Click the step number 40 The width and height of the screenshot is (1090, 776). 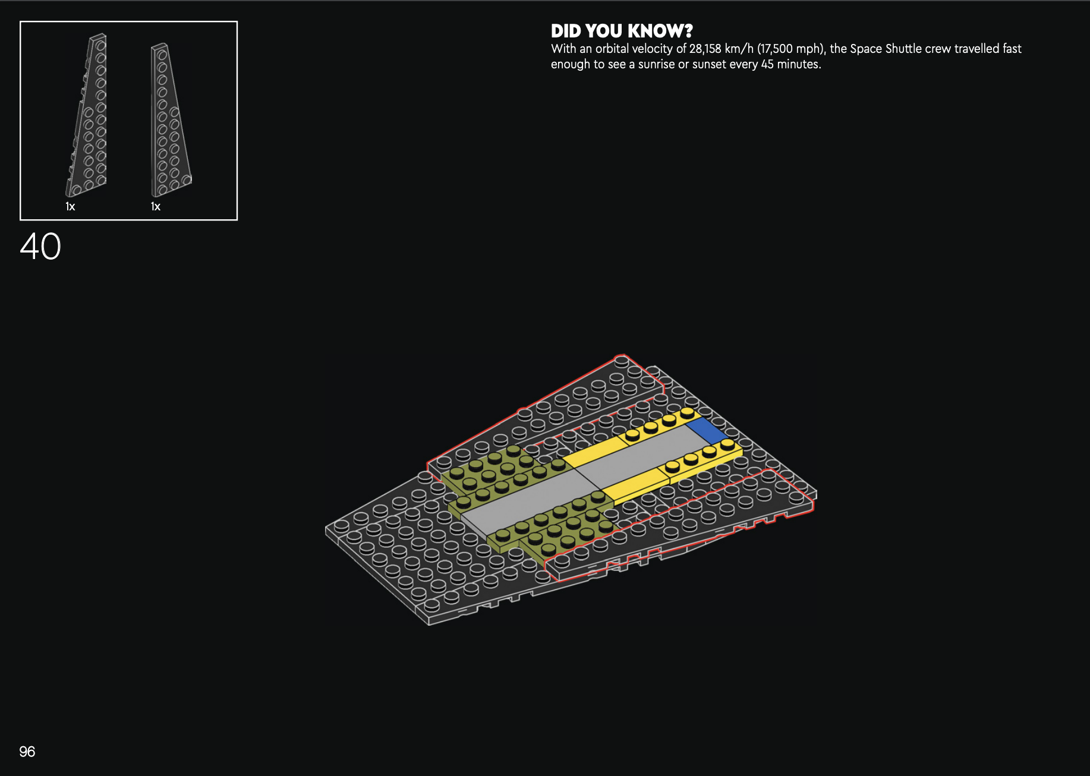[40, 246]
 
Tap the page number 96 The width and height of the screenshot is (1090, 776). [27, 752]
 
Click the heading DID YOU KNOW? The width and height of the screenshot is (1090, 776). [622, 31]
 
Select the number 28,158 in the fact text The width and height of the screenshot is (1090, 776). [705, 49]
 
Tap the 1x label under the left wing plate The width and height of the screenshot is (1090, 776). [70, 207]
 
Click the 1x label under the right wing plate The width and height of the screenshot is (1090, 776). [156, 207]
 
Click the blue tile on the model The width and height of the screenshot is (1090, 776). [707, 430]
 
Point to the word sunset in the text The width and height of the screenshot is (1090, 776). [709, 64]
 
